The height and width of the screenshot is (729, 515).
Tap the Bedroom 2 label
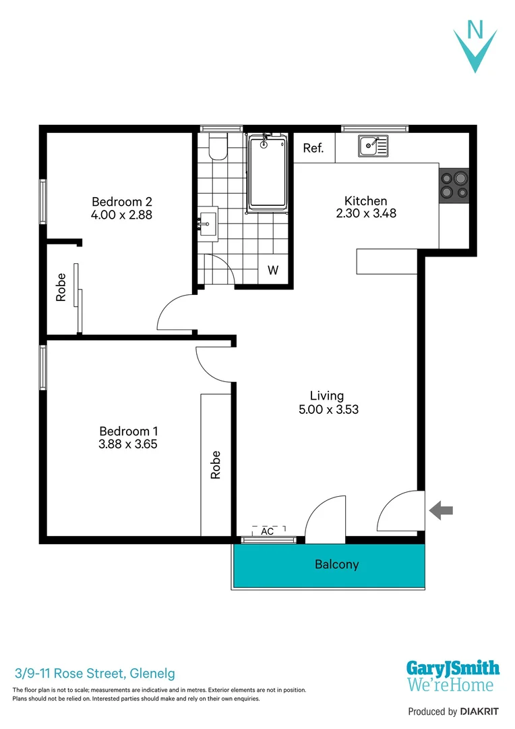click(122, 201)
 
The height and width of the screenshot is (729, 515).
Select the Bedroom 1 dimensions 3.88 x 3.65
click(128, 444)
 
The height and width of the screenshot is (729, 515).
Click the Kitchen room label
click(365, 200)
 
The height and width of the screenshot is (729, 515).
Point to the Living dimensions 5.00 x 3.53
click(327, 409)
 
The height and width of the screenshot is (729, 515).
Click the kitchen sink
click(373, 145)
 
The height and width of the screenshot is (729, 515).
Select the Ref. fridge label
click(313, 148)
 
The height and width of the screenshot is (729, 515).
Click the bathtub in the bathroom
click(268, 172)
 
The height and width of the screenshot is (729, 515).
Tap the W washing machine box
click(273, 271)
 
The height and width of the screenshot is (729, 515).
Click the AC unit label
click(268, 531)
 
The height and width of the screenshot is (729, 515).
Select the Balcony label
click(336, 564)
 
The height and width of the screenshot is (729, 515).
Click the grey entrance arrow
click(442, 510)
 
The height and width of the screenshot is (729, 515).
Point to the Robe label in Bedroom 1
click(216, 464)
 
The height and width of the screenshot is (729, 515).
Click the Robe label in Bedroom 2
click(61, 287)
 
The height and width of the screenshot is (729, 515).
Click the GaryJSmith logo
click(452, 676)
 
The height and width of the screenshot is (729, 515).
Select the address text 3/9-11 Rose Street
click(95, 673)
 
